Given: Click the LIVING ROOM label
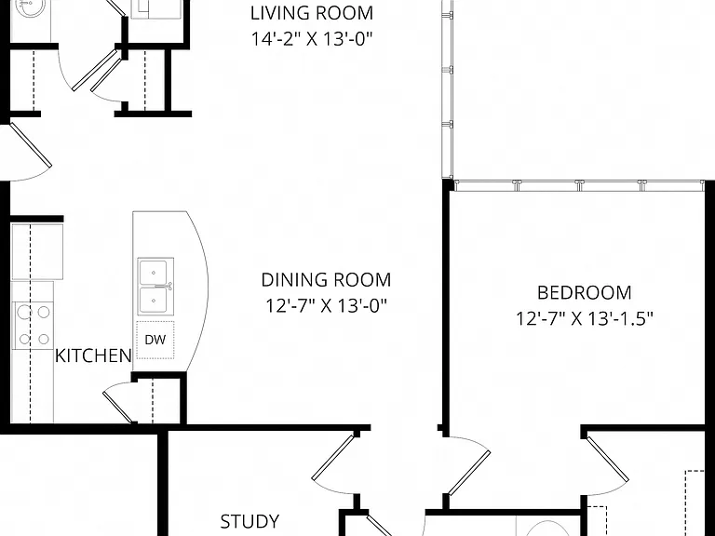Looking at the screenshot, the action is pyautogui.click(x=312, y=13).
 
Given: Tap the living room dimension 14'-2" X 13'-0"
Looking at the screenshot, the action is pyautogui.click(x=312, y=39).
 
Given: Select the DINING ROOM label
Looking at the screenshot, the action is pyautogui.click(x=326, y=280).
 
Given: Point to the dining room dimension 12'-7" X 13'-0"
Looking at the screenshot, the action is pyautogui.click(x=326, y=306).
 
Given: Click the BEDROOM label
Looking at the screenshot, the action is pyautogui.click(x=584, y=292).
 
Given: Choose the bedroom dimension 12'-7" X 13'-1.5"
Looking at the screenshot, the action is pyautogui.click(x=584, y=318).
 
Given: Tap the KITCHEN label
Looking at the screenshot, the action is pyautogui.click(x=93, y=355).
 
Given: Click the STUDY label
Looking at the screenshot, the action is pyautogui.click(x=250, y=521).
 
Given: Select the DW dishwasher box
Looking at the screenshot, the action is pyautogui.click(x=155, y=340).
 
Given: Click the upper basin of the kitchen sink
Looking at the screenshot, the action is pyautogui.click(x=155, y=272).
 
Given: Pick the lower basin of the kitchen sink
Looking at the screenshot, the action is pyautogui.click(x=155, y=300).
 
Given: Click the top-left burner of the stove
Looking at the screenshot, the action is pyautogui.click(x=24, y=313).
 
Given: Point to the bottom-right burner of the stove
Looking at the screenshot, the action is pyautogui.click(x=44, y=339).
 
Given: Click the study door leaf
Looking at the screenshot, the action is pyautogui.click(x=333, y=457).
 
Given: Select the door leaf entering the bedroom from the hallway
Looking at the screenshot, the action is pyautogui.click(x=469, y=473).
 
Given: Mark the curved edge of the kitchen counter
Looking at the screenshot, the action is pyautogui.click(x=202, y=291).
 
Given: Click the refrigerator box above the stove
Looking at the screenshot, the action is pyautogui.click(x=37, y=251).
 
